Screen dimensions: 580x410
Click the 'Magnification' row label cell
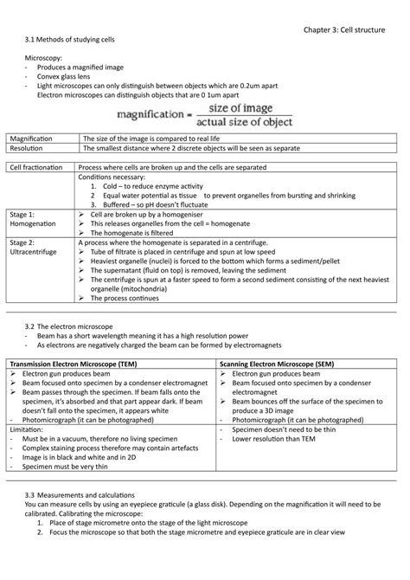click(x=31, y=138)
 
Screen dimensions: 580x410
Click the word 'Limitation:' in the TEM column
click(x=25, y=429)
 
